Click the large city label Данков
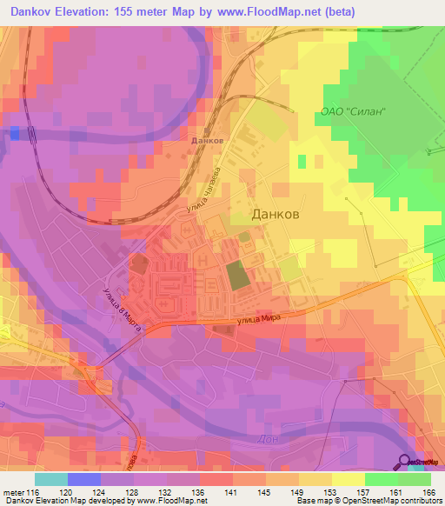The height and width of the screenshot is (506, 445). pyautogui.click(x=276, y=214)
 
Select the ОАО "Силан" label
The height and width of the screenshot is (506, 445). pyautogui.click(x=353, y=113)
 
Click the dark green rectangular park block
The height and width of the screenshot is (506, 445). pyautogui.click(x=236, y=276)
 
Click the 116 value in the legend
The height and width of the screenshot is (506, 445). pyautogui.click(x=33, y=491)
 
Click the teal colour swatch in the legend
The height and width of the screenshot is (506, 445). pyautogui.click(x=51, y=479)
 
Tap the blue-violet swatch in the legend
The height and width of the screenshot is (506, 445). pyautogui.click(x=84, y=479)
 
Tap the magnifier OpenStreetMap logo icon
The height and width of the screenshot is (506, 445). pyautogui.click(x=405, y=462)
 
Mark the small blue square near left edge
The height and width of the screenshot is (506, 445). pyautogui.click(x=14, y=132)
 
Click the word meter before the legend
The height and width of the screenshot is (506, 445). pyautogui.click(x=13, y=491)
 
